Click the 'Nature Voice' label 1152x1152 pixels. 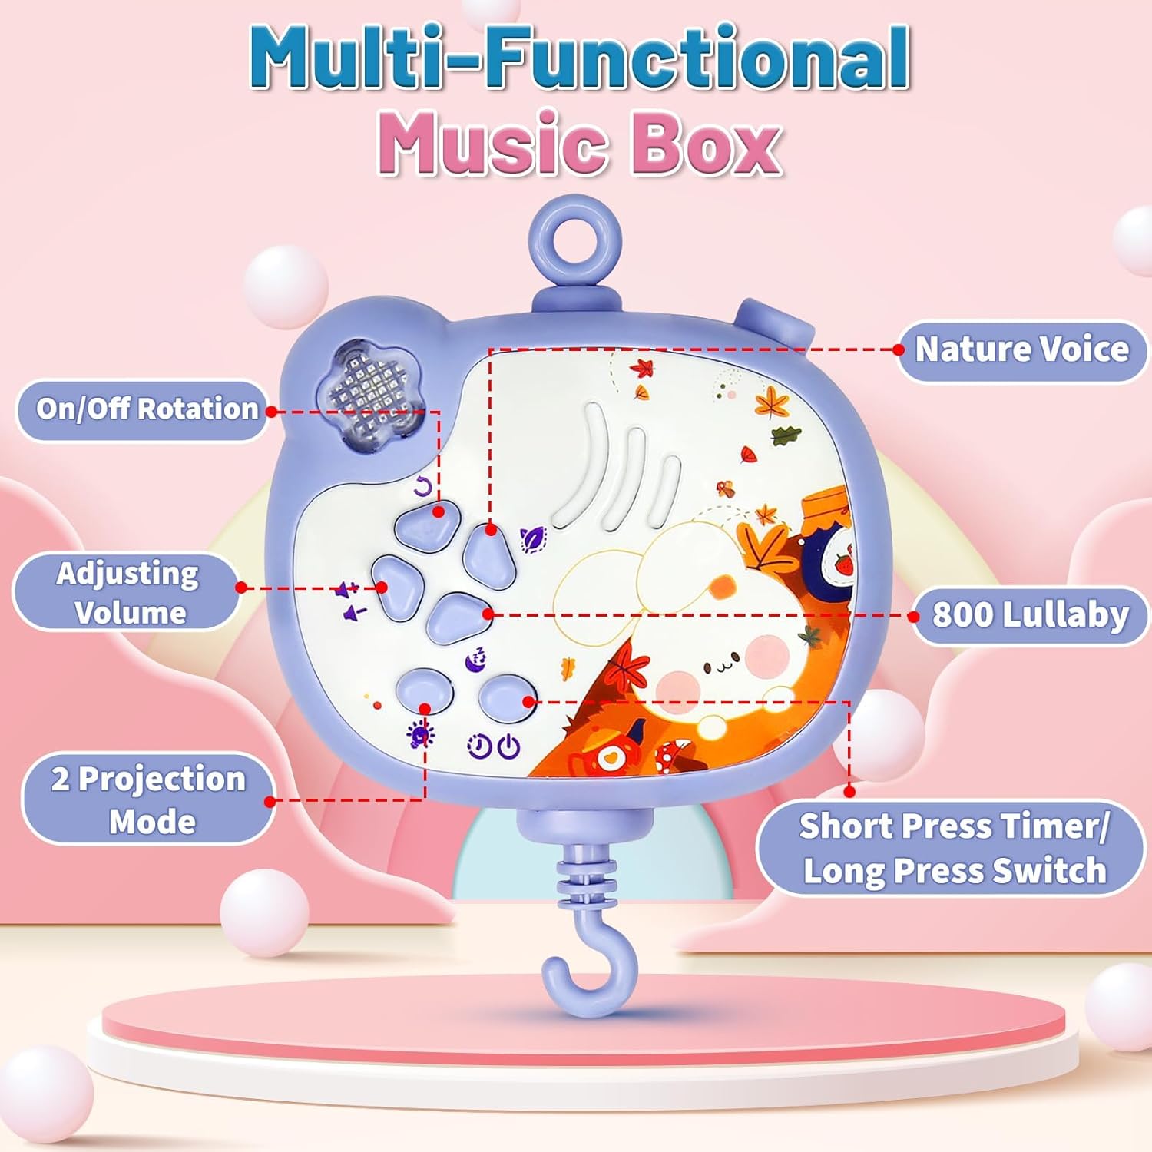coord(1021,350)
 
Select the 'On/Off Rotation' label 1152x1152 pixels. coord(146,409)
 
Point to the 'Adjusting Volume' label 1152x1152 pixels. coord(127,592)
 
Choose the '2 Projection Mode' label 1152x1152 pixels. coord(148,799)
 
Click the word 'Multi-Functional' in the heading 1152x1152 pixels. coord(579,58)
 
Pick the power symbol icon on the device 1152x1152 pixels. coord(508,746)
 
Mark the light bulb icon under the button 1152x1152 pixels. coord(419,735)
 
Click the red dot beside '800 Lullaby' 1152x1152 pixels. coord(914,616)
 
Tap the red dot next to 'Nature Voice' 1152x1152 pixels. coord(899,349)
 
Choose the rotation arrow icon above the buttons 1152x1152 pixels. coord(423,486)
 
